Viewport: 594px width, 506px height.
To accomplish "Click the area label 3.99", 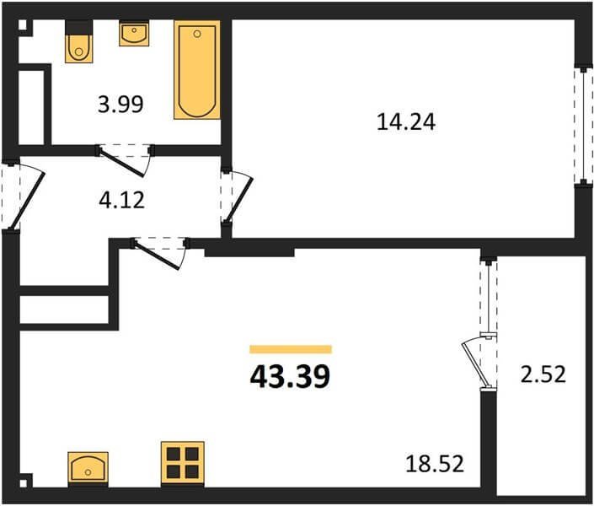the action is pyautogui.click(x=120, y=105).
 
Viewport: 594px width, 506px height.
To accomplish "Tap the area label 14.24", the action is pyautogui.click(x=406, y=122).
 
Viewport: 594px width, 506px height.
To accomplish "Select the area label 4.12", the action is pyautogui.click(x=121, y=200).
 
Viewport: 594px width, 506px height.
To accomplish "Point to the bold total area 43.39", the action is pyautogui.click(x=290, y=377).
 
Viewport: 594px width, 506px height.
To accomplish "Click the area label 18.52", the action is pyautogui.click(x=435, y=464).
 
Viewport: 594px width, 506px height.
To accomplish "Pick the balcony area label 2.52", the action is pyautogui.click(x=543, y=374).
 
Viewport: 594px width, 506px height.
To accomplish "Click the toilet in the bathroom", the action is pyautogui.click(x=79, y=41).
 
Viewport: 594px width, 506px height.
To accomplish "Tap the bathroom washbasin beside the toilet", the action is pyautogui.click(x=134, y=34).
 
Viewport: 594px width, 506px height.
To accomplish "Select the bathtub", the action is pyautogui.click(x=197, y=70).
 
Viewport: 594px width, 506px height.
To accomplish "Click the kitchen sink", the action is pyautogui.click(x=88, y=467).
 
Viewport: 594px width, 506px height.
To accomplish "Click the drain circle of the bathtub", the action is pyautogui.click(x=196, y=34).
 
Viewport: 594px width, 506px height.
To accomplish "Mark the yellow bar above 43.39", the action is pyautogui.click(x=291, y=349).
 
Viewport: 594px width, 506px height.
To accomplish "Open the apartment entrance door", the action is pyautogui.click(x=29, y=200).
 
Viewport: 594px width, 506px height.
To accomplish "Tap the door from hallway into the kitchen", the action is pyautogui.click(x=157, y=256).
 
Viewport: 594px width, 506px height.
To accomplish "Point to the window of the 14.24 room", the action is pyautogui.click(x=583, y=126).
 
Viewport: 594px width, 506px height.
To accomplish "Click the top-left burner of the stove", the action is pyautogui.click(x=173, y=454).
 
